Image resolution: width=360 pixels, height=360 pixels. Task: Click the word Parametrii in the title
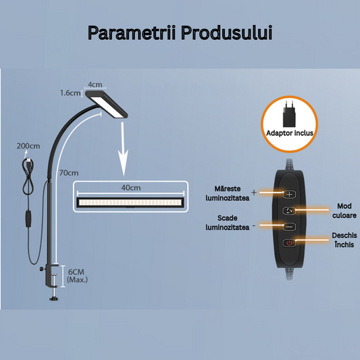point(132,33)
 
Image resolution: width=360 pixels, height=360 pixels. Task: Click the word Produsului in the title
point(227,33)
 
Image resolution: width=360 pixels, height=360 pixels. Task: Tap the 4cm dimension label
point(95,84)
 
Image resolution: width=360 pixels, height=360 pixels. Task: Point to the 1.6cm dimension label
point(70,93)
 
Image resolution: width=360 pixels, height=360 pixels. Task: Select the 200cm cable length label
point(28,146)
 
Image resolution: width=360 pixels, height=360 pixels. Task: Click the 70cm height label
point(69,173)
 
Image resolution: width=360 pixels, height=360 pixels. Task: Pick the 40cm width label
point(131,188)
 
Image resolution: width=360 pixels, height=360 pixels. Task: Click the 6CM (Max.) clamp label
point(77,276)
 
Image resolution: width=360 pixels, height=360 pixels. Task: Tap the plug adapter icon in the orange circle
point(289,114)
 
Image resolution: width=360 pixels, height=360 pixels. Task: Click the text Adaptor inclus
point(290,133)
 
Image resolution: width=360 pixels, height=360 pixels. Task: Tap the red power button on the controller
point(289,243)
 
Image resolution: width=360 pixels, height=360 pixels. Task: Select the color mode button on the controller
point(289,211)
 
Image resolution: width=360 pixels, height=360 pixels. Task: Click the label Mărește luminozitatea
point(228,193)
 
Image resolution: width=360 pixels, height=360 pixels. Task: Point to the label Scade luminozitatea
point(228,222)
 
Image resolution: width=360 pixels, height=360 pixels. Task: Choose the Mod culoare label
point(344,211)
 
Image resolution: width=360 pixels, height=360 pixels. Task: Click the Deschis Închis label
point(344,240)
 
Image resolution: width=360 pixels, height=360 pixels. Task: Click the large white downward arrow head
point(124,163)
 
